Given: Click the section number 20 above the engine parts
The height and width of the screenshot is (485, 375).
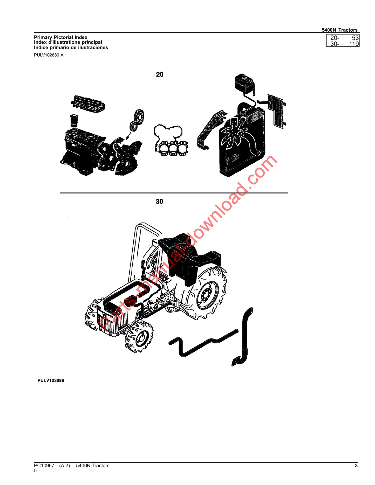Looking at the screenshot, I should pyautogui.click(x=160, y=75).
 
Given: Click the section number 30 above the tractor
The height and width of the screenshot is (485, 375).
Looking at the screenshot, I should pyautogui.click(x=159, y=202).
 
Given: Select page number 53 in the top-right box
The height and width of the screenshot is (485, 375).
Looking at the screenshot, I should pyautogui.click(x=355, y=38).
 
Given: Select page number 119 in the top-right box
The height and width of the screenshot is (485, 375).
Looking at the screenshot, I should pyautogui.click(x=354, y=44).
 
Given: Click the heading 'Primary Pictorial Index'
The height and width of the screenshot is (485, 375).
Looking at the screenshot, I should pyautogui.click(x=60, y=37).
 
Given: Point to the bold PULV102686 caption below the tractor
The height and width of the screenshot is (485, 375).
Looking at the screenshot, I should pyautogui.click(x=51, y=380).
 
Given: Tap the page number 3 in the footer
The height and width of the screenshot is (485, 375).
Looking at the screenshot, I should pyautogui.click(x=356, y=466).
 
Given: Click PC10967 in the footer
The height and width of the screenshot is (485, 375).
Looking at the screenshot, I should pyautogui.click(x=44, y=466).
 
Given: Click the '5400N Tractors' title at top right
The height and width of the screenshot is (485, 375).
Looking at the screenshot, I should pyautogui.click(x=339, y=30).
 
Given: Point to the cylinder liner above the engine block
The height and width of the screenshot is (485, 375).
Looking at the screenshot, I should pyautogui.click(x=74, y=121).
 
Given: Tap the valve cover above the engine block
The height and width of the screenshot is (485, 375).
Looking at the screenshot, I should pyautogui.click(x=88, y=103).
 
